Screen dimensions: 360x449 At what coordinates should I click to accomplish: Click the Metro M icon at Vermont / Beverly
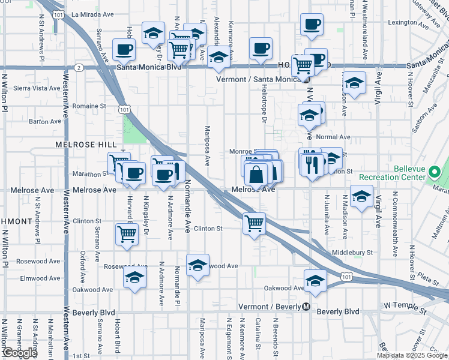(306, 307)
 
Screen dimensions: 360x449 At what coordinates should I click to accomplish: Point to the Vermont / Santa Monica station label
(261, 79)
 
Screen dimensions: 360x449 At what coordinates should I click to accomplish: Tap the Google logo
(20, 353)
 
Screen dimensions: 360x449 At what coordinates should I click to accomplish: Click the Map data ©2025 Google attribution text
(412, 355)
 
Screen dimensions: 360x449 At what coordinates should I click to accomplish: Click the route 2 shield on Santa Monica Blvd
(79, 67)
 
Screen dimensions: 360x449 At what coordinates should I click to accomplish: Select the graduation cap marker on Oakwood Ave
(315, 280)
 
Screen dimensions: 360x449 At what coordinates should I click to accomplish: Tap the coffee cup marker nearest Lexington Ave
(312, 25)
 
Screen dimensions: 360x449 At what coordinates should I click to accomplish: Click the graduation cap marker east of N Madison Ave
(361, 197)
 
